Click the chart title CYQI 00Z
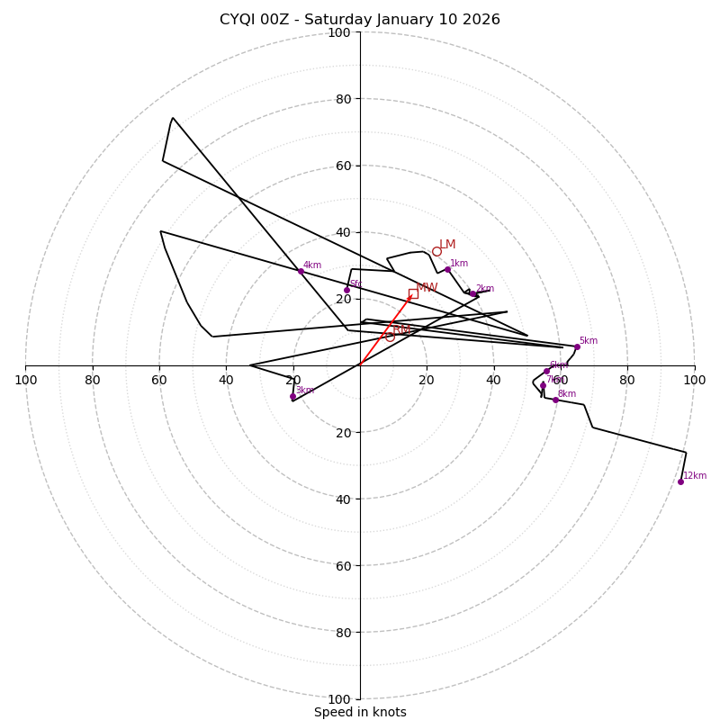pos(359,20)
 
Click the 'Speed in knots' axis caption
pos(360,712)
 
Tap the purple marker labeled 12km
pos(680,481)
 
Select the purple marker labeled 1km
pos(447,269)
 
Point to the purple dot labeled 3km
pos(292,396)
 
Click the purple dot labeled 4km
pos(301,271)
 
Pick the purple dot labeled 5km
pos(577,346)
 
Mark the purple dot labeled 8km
pos(555,400)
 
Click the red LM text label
pos(447,245)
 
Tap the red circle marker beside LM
pos(436,251)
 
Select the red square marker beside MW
pos(413,293)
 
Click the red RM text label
pos(401,331)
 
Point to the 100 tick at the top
pos(339,32)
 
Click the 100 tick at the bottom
pos(339,699)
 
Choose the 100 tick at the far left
pos(25,381)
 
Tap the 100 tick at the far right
pos(694,381)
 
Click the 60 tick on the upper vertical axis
pos(343,166)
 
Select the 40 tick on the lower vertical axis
pos(343,499)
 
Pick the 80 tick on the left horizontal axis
pos(93,381)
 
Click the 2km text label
pos(485,289)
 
